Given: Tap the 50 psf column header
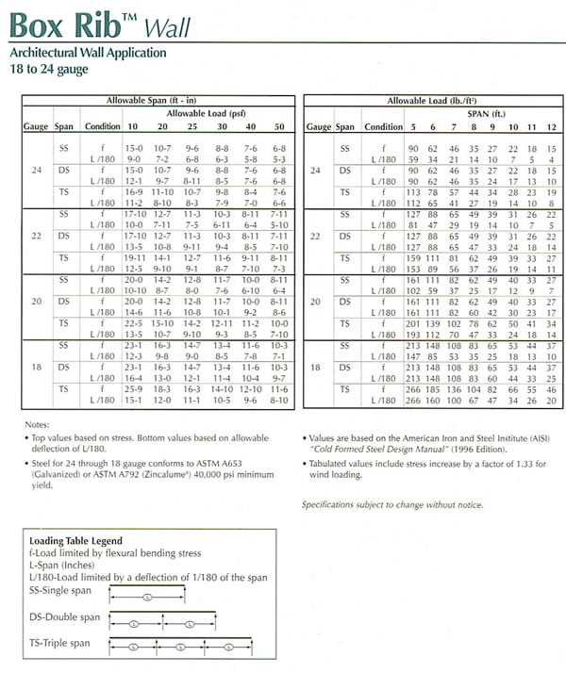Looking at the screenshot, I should pyautogui.click(x=278, y=126).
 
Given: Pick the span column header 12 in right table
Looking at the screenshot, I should pyautogui.click(x=550, y=126).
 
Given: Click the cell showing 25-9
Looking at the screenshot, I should pyautogui.click(x=133, y=387).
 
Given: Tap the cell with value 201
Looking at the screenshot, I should pyautogui.click(x=413, y=322).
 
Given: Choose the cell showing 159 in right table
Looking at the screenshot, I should pyautogui.click(x=413, y=257).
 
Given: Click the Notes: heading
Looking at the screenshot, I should pyautogui.click(x=36, y=425).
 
